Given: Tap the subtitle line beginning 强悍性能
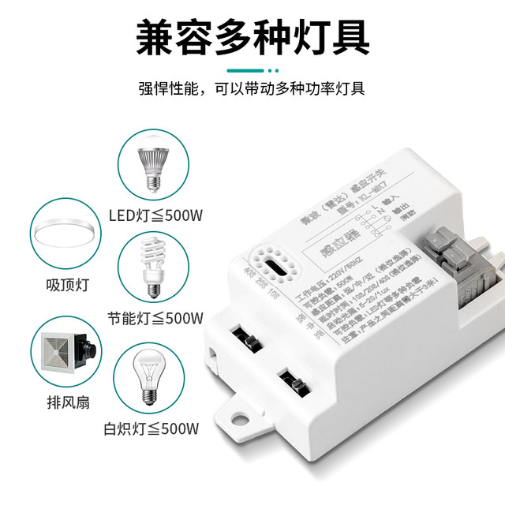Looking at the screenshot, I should (x=252, y=88).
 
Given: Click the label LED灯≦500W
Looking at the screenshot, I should (x=155, y=213).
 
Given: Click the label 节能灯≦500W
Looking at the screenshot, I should (x=155, y=318).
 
